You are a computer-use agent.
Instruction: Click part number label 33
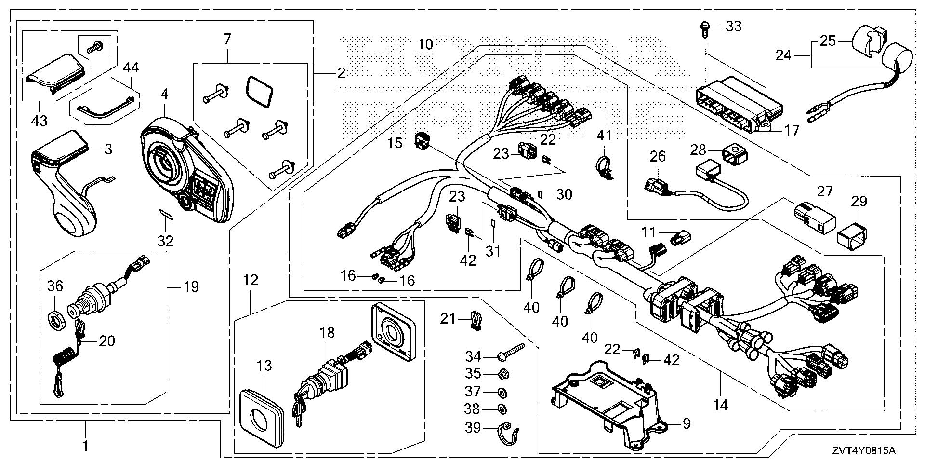(734, 27)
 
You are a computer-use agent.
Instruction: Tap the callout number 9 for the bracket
(686, 423)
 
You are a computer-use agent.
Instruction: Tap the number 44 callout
(131, 68)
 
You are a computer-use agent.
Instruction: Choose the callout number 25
(828, 41)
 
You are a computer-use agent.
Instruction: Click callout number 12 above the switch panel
(251, 280)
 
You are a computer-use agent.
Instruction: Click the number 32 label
(165, 240)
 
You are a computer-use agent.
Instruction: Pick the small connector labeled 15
(423, 141)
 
